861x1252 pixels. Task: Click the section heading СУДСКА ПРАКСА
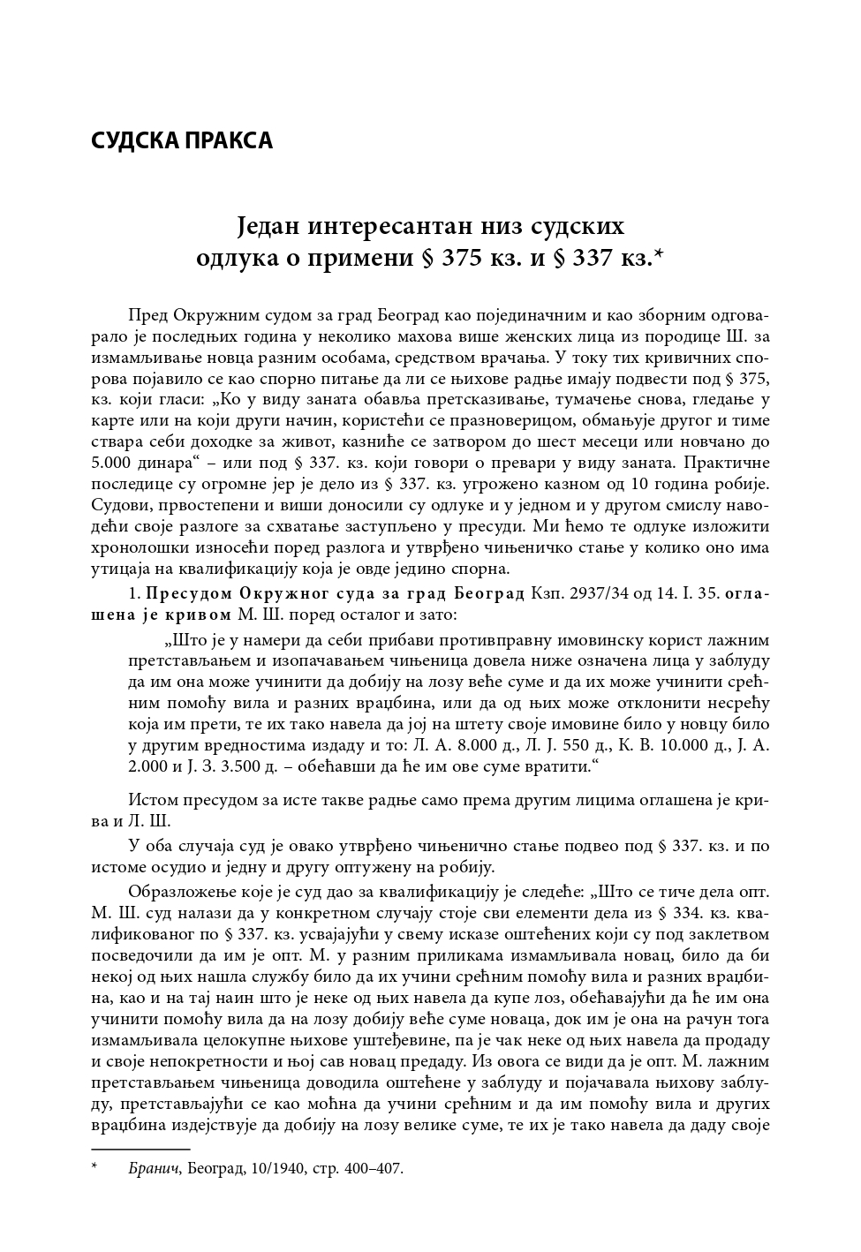(182, 140)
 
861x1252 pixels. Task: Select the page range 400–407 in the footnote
(369, 1168)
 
